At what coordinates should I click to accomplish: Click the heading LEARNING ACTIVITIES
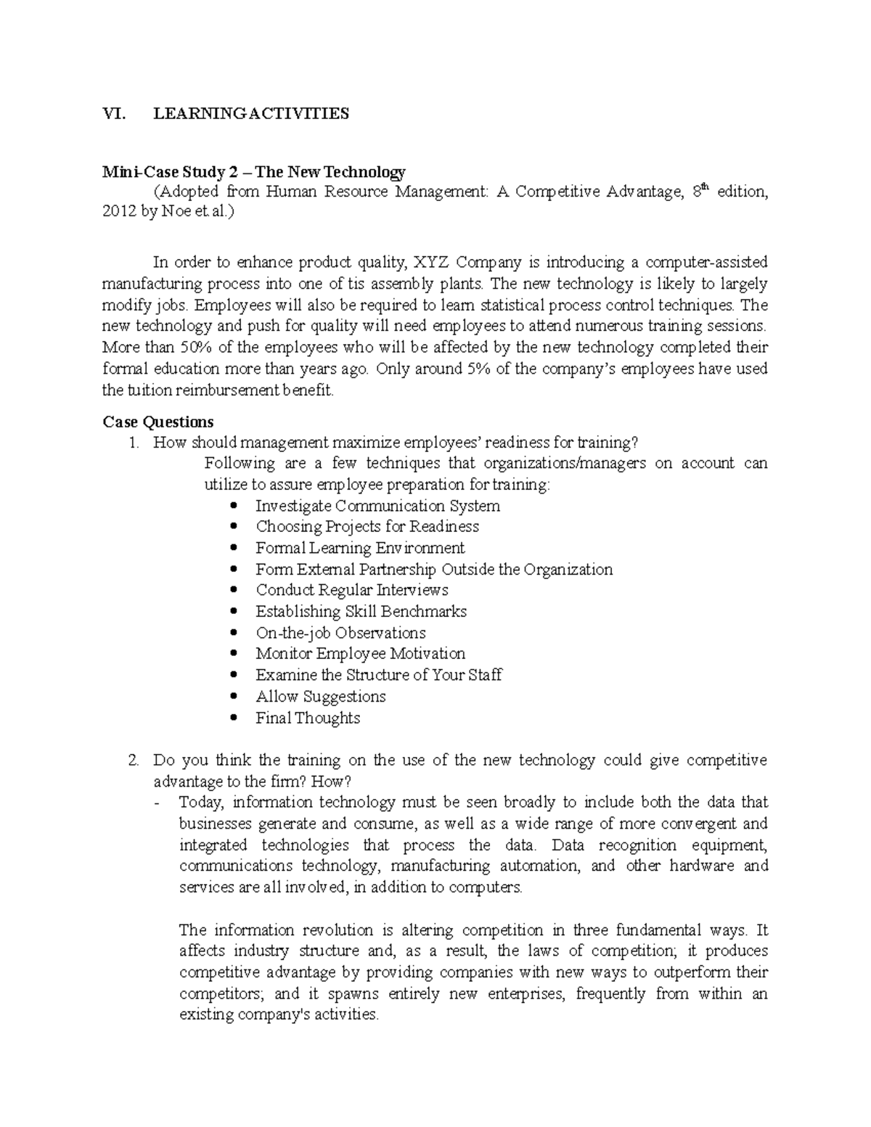tap(250, 113)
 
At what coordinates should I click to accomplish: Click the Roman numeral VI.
tap(113, 113)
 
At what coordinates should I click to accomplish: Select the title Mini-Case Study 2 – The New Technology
tap(254, 172)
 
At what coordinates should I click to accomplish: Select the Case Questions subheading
tap(158, 422)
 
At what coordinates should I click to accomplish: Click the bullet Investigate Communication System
tap(377, 506)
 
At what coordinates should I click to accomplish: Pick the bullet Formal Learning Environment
tap(360, 548)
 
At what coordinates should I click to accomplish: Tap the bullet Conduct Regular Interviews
tap(352, 590)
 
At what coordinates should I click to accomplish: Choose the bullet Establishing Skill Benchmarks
tap(361, 611)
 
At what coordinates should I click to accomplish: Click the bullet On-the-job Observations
tap(340, 633)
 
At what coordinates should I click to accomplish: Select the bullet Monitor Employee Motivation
tap(360, 653)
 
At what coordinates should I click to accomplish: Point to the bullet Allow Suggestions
tap(320, 697)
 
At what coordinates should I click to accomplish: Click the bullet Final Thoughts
tap(308, 718)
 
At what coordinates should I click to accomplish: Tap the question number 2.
tap(132, 761)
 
